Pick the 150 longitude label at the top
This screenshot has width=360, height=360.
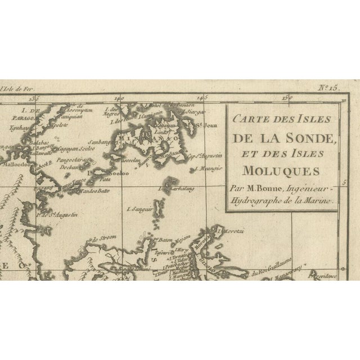click(287, 97)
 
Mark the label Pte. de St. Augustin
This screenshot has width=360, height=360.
click(56, 214)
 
